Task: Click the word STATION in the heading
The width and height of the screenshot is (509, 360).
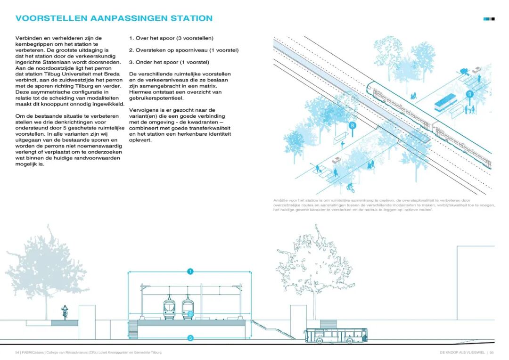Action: tap(191, 18)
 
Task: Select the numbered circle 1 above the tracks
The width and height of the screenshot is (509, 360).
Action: tap(190, 271)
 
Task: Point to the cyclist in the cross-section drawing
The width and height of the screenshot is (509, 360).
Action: tap(65, 312)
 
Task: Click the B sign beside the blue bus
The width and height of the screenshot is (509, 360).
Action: tap(469, 94)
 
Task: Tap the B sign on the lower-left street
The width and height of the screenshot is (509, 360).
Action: tap(352, 125)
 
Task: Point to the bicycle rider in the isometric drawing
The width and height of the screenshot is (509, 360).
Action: tap(349, 188)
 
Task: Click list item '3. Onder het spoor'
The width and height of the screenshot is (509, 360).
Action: tap(169, 62)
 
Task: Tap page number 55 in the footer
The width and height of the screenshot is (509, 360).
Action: tap(491, 352)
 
